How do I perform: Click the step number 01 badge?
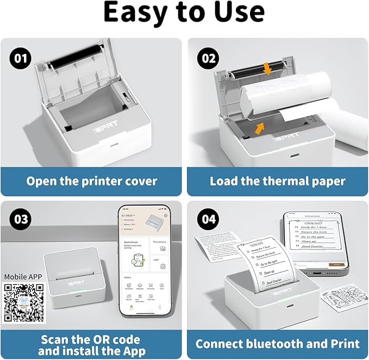coord(18,58)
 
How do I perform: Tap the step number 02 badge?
coord(208,58)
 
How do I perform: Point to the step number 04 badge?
coord(208,219)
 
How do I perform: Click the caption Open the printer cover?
coord(92,181)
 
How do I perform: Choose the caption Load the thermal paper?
coord(278,181)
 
